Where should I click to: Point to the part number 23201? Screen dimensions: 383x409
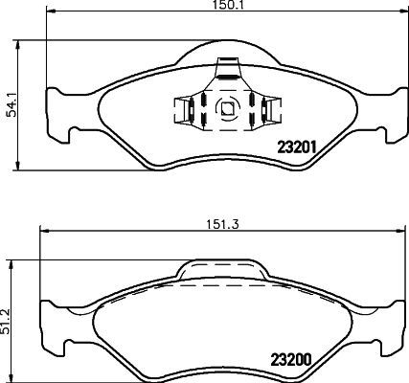(x=296, y=146)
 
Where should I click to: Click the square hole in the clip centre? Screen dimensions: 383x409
(x=228, y=108)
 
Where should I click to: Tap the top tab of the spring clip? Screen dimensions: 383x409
(x=228, y=68)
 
